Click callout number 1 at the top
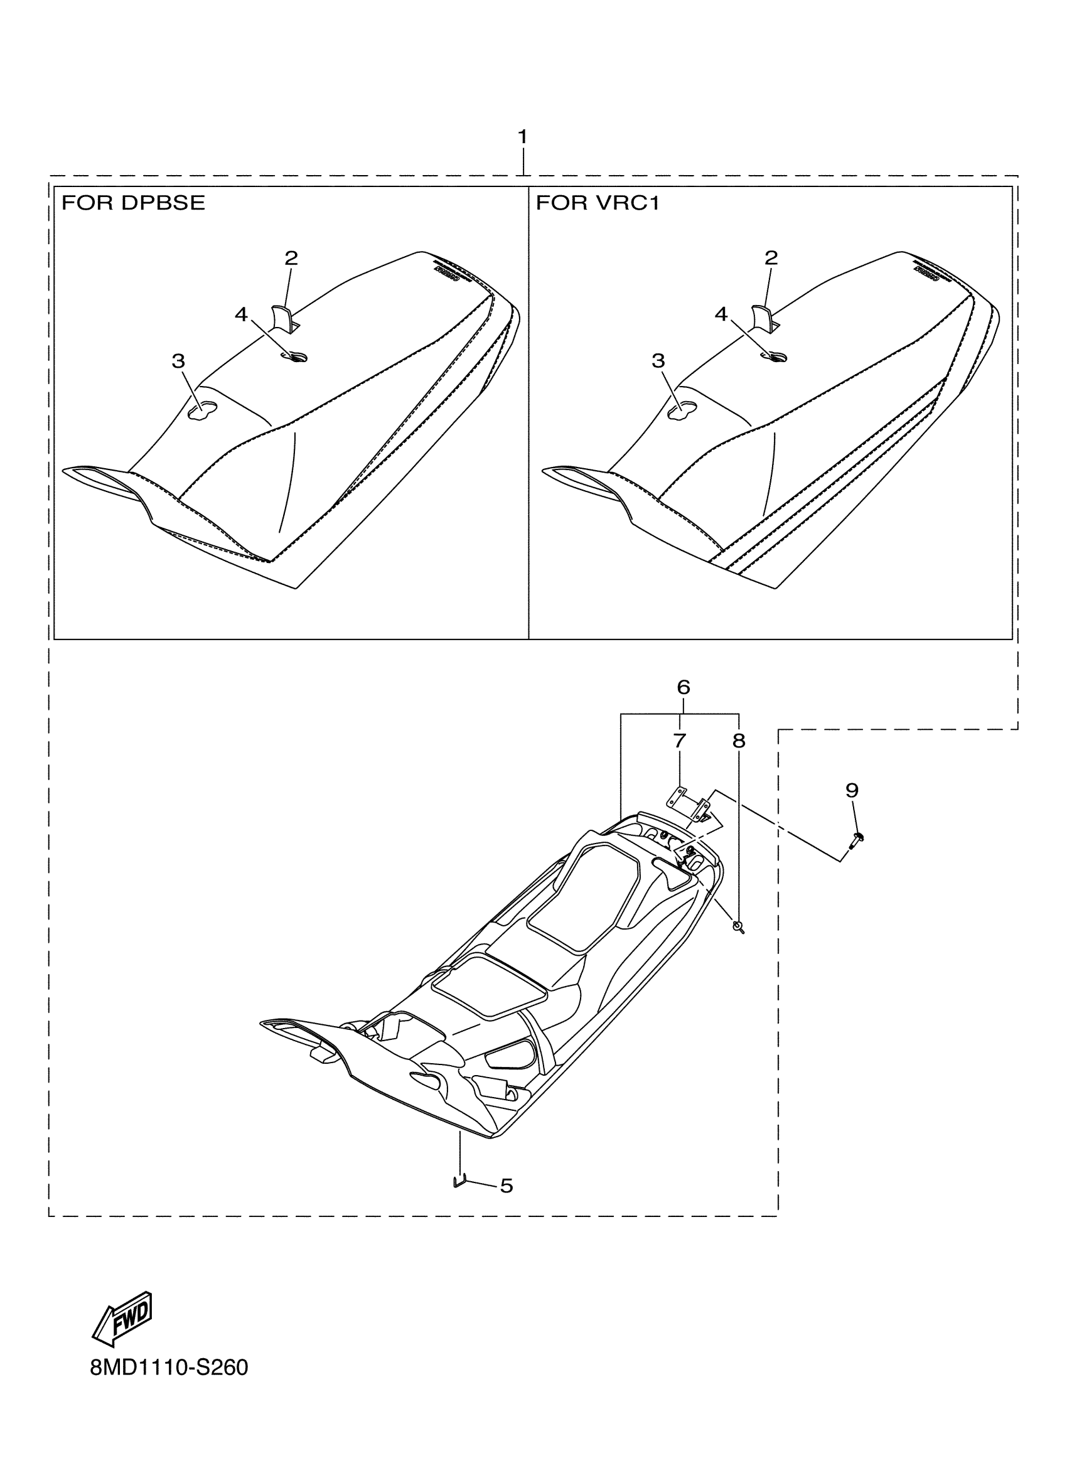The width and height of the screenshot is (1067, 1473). click(x=522, y=137)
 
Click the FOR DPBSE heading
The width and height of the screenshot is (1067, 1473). click(x=133, y=203)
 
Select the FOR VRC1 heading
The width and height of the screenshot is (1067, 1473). click(x=598, y=203)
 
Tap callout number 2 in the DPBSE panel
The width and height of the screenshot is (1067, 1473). click(x=291, y=259)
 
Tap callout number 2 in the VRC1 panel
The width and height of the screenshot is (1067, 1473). click(x=771, y=259)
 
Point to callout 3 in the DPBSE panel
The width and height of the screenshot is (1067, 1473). click(x=179, y=361)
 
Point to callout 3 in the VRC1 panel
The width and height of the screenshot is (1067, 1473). click(x=658, y=361)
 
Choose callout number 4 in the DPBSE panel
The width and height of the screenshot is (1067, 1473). click(x=242, y=315)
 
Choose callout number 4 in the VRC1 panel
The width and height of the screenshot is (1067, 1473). click(x=722, y=315)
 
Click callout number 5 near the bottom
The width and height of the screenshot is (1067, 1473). click(x=507, y=1186)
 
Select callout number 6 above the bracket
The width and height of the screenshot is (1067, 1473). click(x=683, y=687)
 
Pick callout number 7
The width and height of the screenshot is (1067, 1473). click(x=679, y=741)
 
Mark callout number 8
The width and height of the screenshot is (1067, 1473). click(x=739, y=741)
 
